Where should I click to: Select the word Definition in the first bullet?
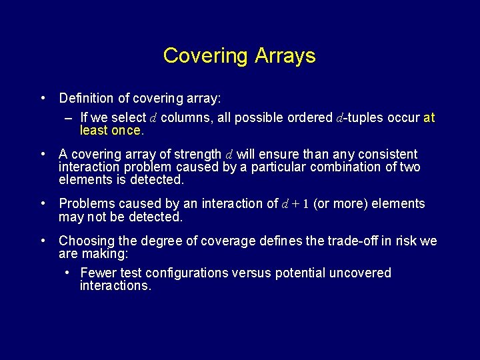pos(86,99)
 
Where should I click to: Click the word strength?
pos(197,155)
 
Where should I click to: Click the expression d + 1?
pos(295,204)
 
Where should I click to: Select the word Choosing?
pos(83,241)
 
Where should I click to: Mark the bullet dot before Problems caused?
pos(43,203)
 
